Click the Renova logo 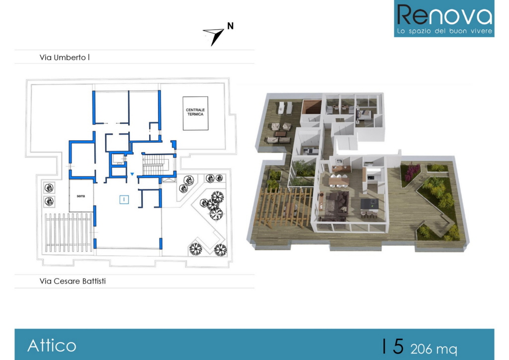click(x=444, y=18)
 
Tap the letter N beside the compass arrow click(x=230, y=26)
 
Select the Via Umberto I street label click(x=65, y=58)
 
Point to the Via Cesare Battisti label click(x=73, y=281)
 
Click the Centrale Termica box click(x=195, y=113)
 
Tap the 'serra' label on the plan click(x=81, y=196)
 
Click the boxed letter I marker click(x=124, y=199)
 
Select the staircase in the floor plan click(x=155, y=165)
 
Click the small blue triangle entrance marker click(x=132, y=175)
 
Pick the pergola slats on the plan click(x=68, y=232)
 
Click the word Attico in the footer click(x=52, y=346)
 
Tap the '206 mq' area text click(x=433, y=349)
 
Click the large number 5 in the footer click(x=398, y=347)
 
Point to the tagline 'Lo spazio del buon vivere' click(x=444, y=31)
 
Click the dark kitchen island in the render click(x=369, y=204)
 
